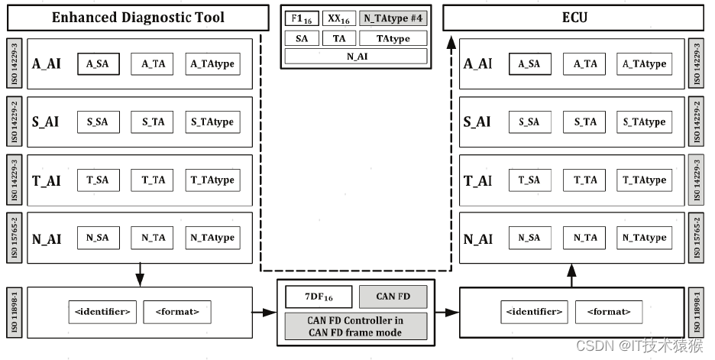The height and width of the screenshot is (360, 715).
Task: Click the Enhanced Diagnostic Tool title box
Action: (138, 17)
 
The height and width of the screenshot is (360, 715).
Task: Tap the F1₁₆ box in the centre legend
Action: (301, 19)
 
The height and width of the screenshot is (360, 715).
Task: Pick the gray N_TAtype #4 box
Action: (393, 19)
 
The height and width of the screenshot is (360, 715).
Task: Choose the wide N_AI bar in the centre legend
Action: (356, 57)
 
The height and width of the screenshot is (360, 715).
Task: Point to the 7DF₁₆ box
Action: (319, 296)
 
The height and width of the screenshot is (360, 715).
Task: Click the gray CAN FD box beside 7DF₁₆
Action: (392, 296)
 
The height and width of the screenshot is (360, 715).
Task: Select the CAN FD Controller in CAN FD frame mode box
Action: (356, 326)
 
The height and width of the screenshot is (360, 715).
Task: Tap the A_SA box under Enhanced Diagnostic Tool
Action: (98, 64)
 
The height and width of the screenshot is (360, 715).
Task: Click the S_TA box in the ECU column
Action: (585, 122)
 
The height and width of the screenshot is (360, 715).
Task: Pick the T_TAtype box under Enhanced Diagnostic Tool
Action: (212, 180)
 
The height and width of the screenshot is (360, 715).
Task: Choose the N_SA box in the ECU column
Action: (529, 238)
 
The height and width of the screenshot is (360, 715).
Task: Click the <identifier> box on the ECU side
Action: (533, 312)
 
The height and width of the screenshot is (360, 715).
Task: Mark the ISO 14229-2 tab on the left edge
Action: (14, 122)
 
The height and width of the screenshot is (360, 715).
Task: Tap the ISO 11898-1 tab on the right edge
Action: (696, 312)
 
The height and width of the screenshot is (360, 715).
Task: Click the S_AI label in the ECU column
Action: (478, 122)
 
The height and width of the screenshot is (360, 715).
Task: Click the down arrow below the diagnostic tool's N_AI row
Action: (139, 274)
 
